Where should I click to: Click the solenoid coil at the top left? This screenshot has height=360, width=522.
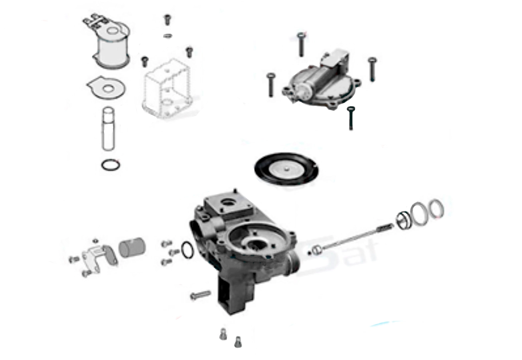point(112,47)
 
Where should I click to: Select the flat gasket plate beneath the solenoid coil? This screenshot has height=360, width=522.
point(106,88)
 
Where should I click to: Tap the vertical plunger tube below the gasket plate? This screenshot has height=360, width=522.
point(108,128)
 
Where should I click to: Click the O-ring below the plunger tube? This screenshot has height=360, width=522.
point(110,165)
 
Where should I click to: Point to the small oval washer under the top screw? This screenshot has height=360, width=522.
point(168,35)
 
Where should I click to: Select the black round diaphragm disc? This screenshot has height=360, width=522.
point(286,168)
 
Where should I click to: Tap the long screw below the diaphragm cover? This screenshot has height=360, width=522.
point(351,118)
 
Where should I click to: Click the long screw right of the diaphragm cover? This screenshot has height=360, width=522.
point(372,69)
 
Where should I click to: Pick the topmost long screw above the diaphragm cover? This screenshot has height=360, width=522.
point(301,44)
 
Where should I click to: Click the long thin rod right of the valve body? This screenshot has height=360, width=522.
point(354,238)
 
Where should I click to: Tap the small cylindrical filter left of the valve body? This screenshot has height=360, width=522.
point(132,248)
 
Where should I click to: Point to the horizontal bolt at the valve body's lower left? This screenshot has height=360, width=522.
point(200,295)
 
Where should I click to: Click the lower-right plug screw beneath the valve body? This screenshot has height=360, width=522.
point(238,342)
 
